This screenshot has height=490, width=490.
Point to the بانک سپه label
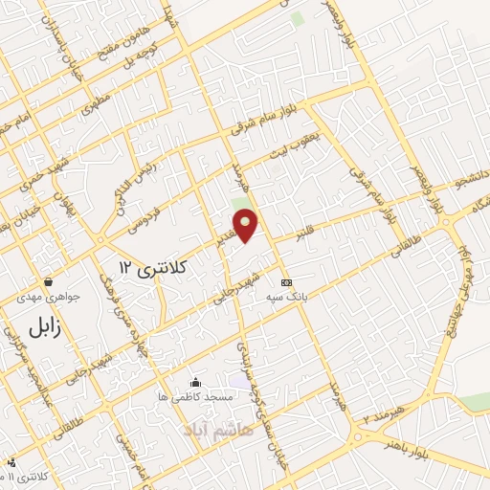(288, 297)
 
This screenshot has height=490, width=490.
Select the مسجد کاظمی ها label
(196, 395)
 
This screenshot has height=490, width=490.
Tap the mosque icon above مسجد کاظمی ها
(196, 381)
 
